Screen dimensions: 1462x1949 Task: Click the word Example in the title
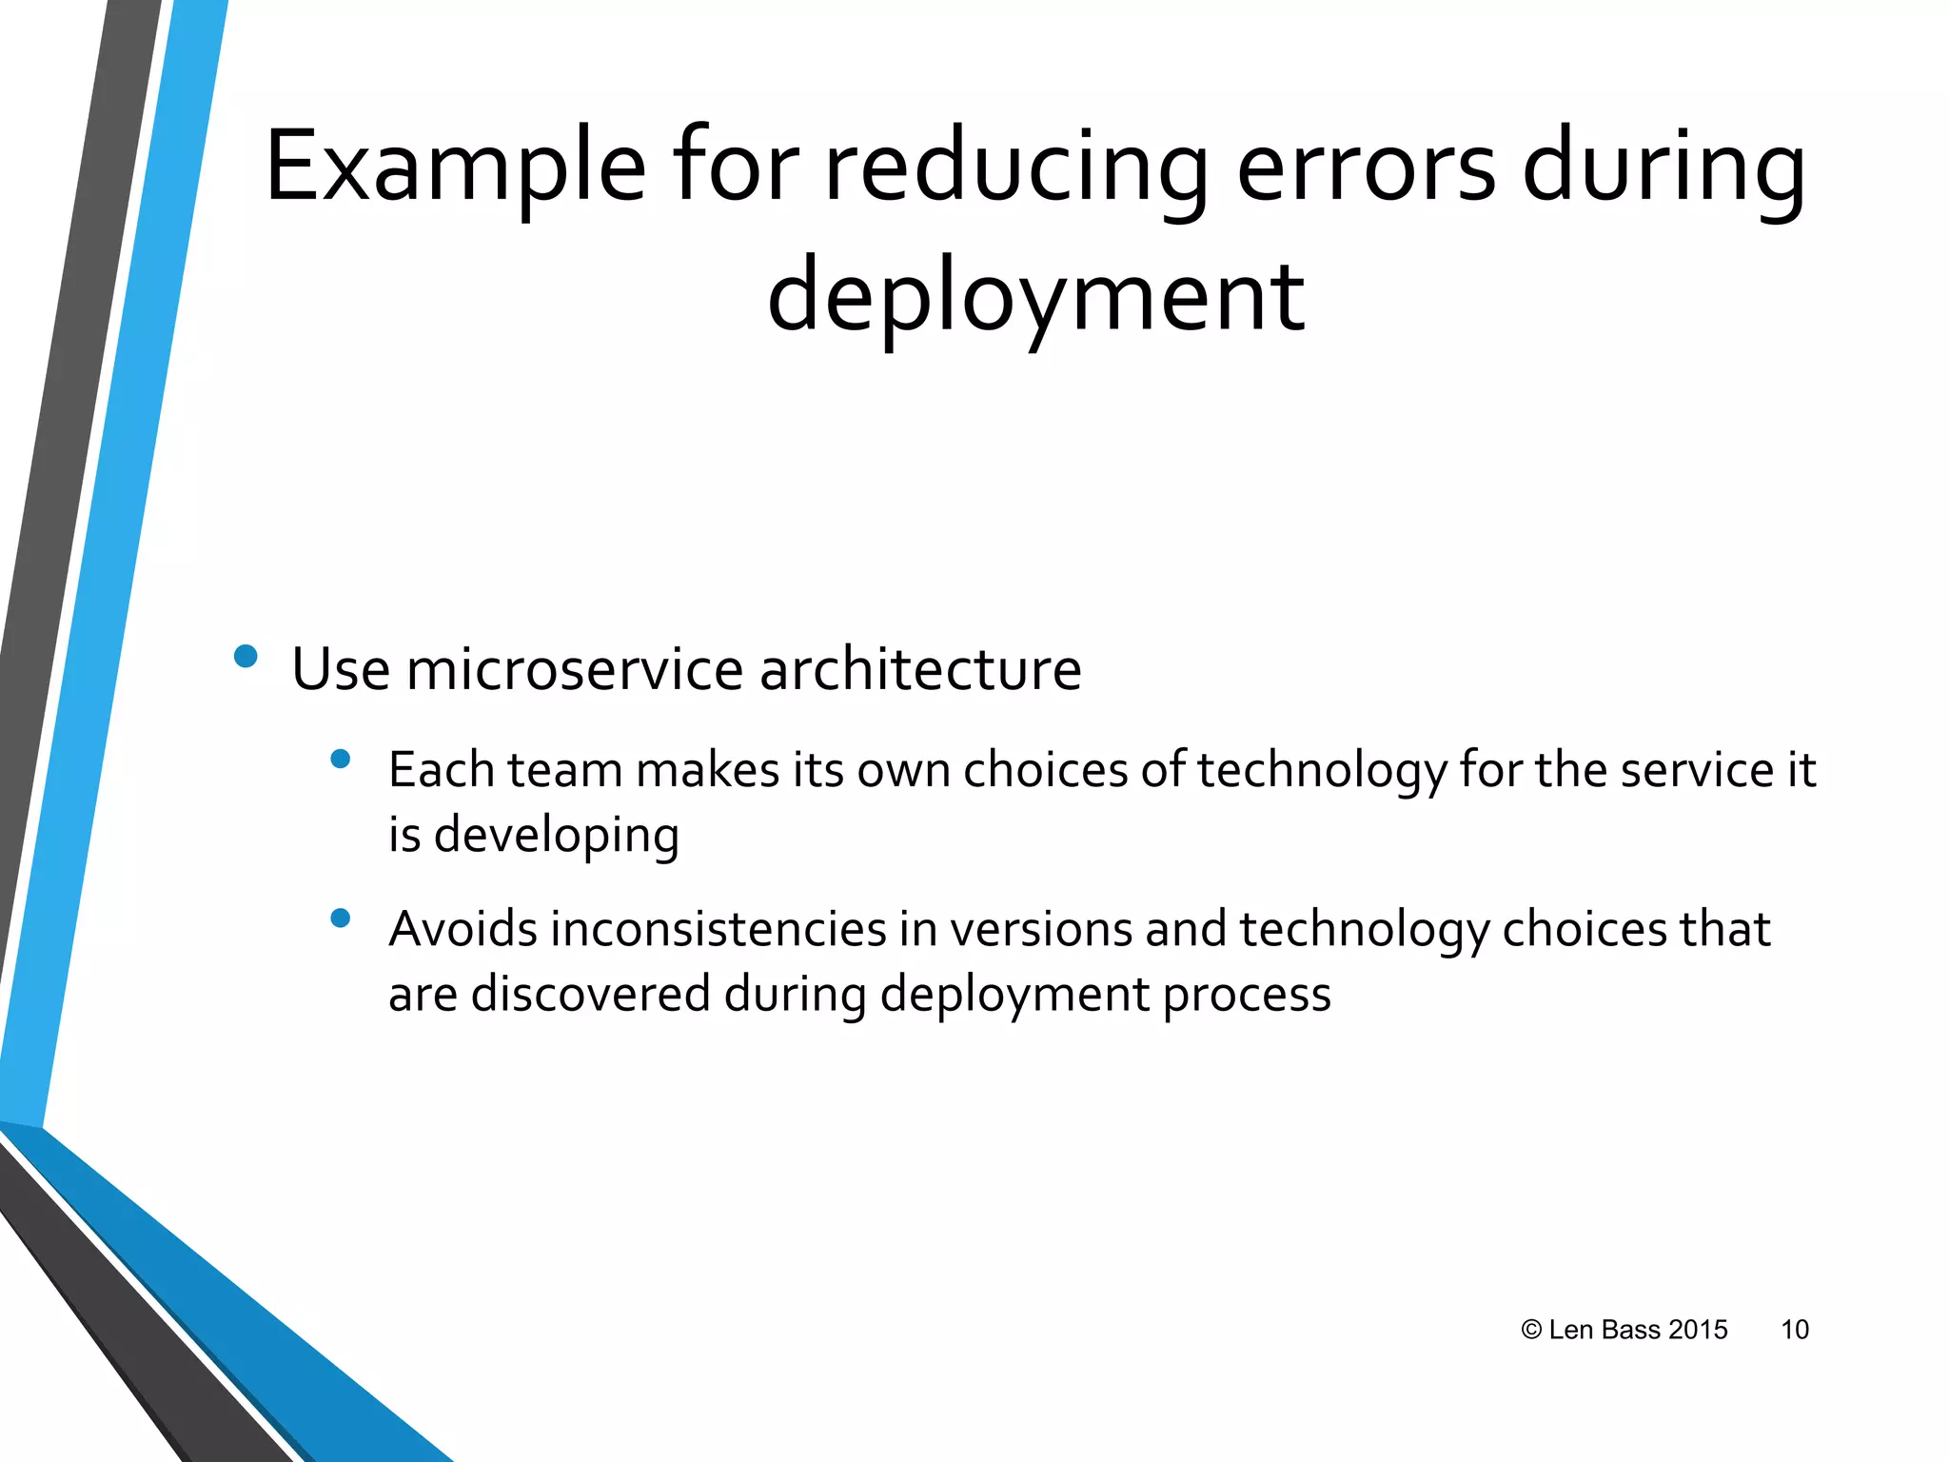pyautogui.click(x=455, y=169)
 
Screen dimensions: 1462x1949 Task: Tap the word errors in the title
pyautogui.click(x=1365, y=169)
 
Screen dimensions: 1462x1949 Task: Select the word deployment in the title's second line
pyautogui.click(x=1035, y=297)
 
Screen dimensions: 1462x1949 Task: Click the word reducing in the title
pyautogui.click(x=1014, y=169)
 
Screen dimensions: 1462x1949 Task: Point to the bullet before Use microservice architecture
pyautogui.click(x=246, y=656)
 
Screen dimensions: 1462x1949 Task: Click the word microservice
pyautogui.click(x=574, y=669)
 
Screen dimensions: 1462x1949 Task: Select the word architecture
pyautogui.click(x=919, y=669)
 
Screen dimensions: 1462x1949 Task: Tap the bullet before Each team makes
pyautogui.click(x=340, y=759)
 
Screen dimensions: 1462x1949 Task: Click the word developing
pyautogui.click(x=557, y=835)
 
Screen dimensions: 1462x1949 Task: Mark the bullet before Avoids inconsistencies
pyautogui.click(x=340, y=918)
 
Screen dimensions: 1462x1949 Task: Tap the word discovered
pyautogui.click(x=590, y=994)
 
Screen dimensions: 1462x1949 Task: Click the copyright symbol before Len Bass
pyautogui.click(x=1531, y=1330)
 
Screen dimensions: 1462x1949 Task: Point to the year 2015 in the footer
pyautogui.click(x=1698, y=1330)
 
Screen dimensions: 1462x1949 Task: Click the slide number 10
pyautogui.click(x=1794, y=1330)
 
